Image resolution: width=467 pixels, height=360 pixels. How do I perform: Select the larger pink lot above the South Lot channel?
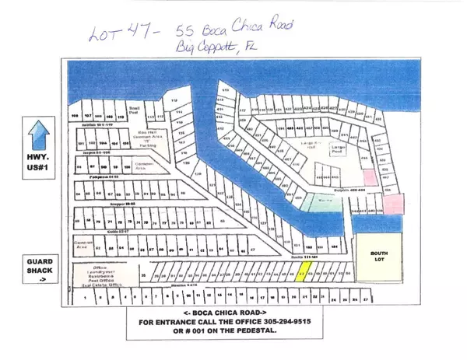pyautogui.click(x=395, y=204)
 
